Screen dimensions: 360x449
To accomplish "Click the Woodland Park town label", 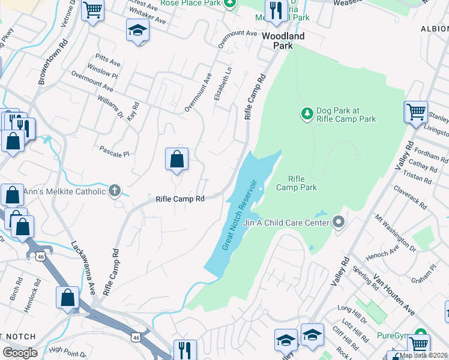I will click(283, 41).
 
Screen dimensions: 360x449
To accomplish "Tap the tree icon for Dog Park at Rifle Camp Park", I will click(307, 113).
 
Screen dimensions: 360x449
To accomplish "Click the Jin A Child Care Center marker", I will click(339, 223).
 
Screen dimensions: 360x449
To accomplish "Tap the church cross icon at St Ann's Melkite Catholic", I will click(114, 191).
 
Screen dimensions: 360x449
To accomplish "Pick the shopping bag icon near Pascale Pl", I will click(176, 160).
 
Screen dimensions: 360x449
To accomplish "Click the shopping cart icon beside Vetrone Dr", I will click(92, 10).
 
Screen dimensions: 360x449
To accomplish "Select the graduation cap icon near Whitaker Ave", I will click(137, 31).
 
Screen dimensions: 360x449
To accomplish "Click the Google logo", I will click(20, 353).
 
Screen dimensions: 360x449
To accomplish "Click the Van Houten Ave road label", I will click(393, 294).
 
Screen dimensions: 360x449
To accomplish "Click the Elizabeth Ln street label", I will click(226, 83).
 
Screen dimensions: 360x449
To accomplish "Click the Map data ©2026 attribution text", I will click(424, 355).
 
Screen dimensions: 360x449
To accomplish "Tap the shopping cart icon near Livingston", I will click(416, 112).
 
